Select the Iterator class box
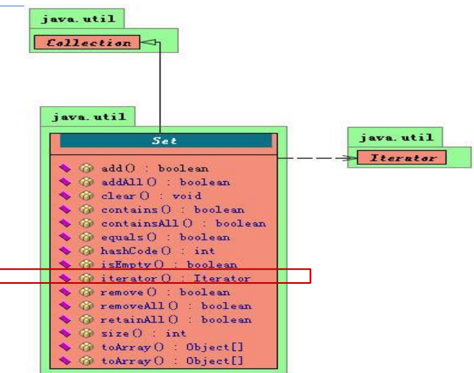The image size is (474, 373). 401,159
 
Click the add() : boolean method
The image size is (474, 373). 155,168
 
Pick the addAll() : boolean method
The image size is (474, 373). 166,182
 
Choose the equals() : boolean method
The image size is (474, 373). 165,237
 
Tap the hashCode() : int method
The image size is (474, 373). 158,251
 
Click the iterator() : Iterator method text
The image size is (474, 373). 175,278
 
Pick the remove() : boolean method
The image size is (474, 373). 165,292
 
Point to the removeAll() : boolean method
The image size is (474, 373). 176,306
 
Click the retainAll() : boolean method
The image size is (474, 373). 176,319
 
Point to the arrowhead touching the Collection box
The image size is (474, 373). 146,42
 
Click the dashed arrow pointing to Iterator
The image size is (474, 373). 316,159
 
